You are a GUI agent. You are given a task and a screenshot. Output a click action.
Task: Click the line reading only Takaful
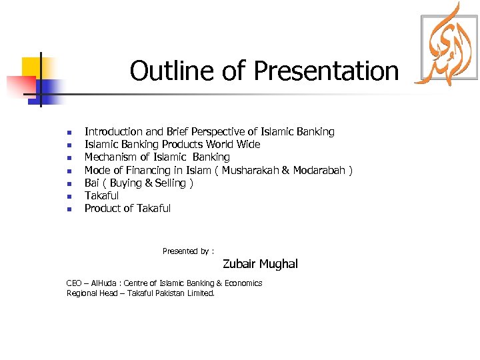tap(101, 195)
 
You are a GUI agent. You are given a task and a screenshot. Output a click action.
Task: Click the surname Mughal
tap(279, 264)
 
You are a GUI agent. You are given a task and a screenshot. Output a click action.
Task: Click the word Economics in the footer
tap(243, 283)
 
